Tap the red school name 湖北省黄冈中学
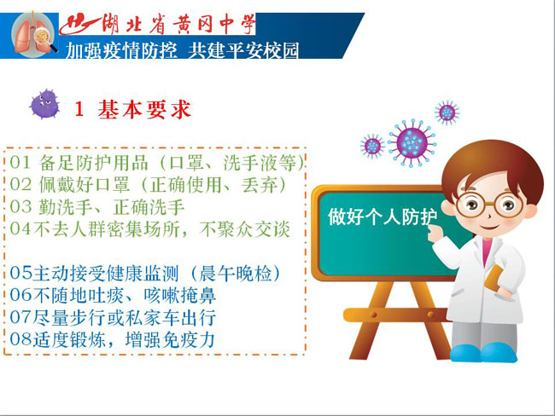point(178,25)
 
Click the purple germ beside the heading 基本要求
point(44,104)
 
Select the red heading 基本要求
point(144,109)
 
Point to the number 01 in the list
point(20,163)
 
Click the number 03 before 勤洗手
point(20,207)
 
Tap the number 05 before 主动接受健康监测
point(20,273)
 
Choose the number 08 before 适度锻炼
point(20,339)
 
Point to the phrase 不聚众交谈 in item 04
point(244,229)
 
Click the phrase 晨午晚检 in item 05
point(236,273)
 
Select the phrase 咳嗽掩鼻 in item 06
point(180,295)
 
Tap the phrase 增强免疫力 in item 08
point(170,339)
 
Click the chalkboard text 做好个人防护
point(383,217)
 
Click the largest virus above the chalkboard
point(412,143)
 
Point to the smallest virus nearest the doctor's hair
point(447,113)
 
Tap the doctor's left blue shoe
point(465,352)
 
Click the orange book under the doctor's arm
point(495,280)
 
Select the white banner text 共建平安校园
point(243,49)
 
